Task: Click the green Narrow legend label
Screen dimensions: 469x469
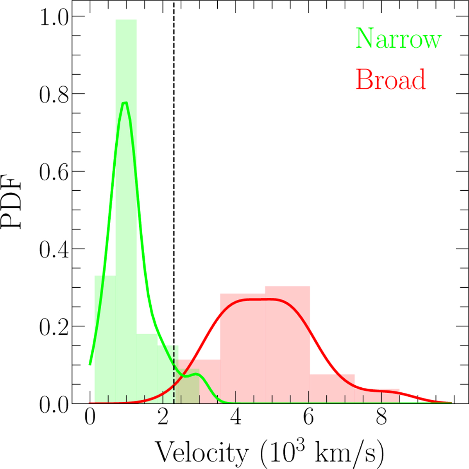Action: tap(398, 39)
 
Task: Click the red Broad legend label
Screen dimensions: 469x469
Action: tap(390, 79)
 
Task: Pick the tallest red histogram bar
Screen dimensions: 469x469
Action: tap(287, 344)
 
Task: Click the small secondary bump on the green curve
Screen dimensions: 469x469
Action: tap(197, 374)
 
